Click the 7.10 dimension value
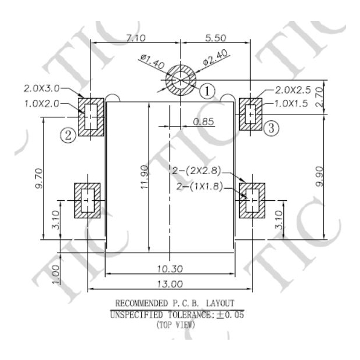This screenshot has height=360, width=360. tap(127, 38)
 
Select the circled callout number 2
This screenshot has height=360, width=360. tap(69, 135)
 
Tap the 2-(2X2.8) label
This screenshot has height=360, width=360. tap(197, 171)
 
